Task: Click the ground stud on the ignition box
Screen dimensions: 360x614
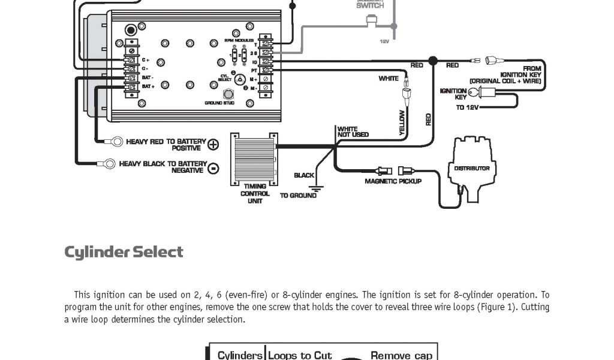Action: pos(228,94)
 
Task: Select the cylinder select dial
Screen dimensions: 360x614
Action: pos(240,79)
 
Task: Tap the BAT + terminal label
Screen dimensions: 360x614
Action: pos(148,87)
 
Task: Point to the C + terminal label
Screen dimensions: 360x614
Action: pos(145,60)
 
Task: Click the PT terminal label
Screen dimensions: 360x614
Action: pos(254,70)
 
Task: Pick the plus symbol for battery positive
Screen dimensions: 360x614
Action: pos(213,145)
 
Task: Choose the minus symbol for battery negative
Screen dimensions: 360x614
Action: pos(213,169)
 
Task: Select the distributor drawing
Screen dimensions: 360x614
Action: pos(471,168)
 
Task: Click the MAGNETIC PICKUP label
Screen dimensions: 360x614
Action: pos(393,181)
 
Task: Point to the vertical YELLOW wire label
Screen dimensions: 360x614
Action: pos(402,122)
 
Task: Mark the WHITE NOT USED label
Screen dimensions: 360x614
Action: pos(353,132)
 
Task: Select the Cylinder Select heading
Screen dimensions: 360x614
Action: pos(124,252)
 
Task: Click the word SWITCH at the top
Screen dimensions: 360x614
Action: pos(370,5)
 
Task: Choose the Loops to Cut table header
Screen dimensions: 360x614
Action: pos(300,355)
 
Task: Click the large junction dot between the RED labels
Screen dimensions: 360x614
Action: pos(433,61)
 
